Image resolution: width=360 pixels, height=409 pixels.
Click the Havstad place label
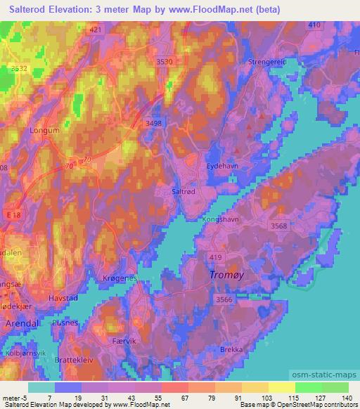[63, 298]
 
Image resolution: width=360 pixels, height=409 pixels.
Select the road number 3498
[153, 123]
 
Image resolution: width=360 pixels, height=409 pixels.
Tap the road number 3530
[165, 62]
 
